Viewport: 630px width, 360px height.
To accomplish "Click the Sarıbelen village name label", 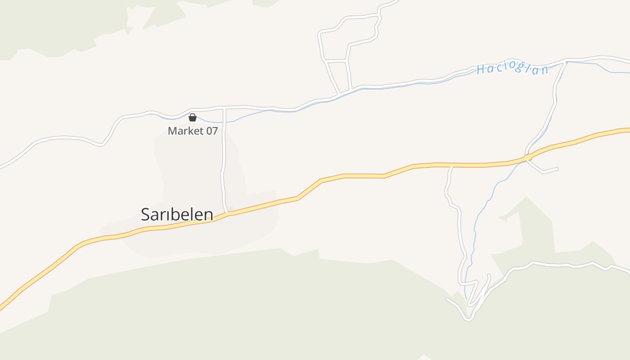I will [x=177, y=214].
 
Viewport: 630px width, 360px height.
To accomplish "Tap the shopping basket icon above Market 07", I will [x=193, y=118].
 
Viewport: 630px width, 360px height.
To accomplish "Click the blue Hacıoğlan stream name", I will [x=513, y=69].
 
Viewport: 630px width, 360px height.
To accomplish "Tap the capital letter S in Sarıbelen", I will [x=145, y=215].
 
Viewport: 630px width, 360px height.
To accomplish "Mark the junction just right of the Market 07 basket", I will [x=224, y=108].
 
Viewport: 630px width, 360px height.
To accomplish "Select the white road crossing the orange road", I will [x=528, y=157].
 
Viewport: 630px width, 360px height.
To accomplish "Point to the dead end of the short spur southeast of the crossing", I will [x=558, y=169].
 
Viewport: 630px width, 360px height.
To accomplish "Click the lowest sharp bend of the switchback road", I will [x=468, y=319].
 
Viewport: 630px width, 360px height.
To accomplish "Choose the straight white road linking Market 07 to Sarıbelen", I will [x=223, y=162].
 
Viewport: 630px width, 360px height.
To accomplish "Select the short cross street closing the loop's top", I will [x=336, y=60].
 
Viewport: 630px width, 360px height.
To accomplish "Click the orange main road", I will [x=360, y=176].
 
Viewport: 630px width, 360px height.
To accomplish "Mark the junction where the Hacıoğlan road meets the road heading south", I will [x=565, y=62].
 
